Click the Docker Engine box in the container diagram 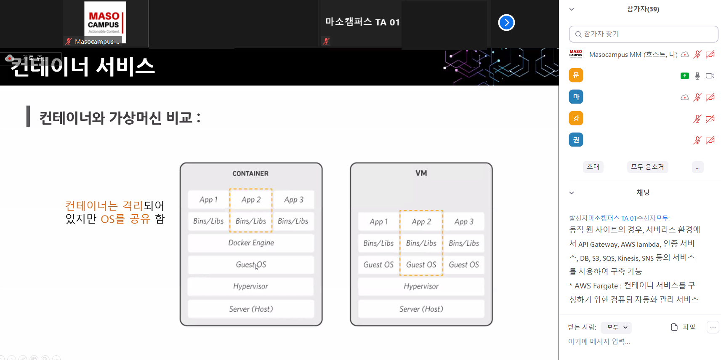(251, 243)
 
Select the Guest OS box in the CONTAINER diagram (251, 265)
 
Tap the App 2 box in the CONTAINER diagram (251, 200)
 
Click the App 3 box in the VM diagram (464, 221)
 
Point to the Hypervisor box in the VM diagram (421, 286)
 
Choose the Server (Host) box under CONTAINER (251, 309)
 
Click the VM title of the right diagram (421, 173)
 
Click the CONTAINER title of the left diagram (250, 173)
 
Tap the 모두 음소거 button (647, 167)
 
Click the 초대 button (593, 167)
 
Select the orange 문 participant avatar (576, 75)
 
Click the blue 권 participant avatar (576, 140)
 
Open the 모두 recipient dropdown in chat (617, 327)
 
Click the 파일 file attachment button (683, 327)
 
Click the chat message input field (631, 341)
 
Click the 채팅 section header (643, 192)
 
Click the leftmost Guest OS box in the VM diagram (378, 265)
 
